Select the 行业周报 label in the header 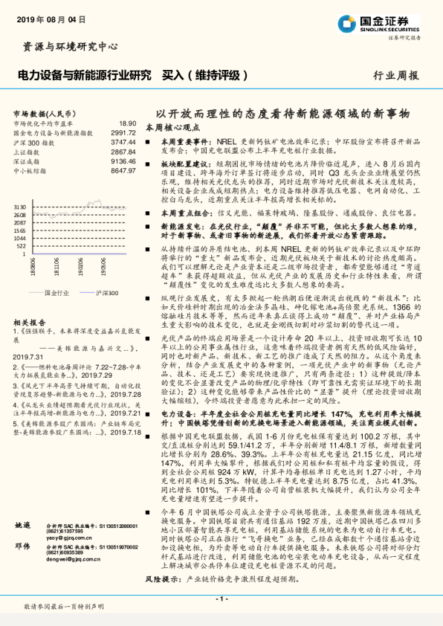395,75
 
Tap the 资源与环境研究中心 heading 71,47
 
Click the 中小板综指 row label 33,169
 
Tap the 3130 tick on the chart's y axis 20,207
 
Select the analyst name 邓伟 22,545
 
